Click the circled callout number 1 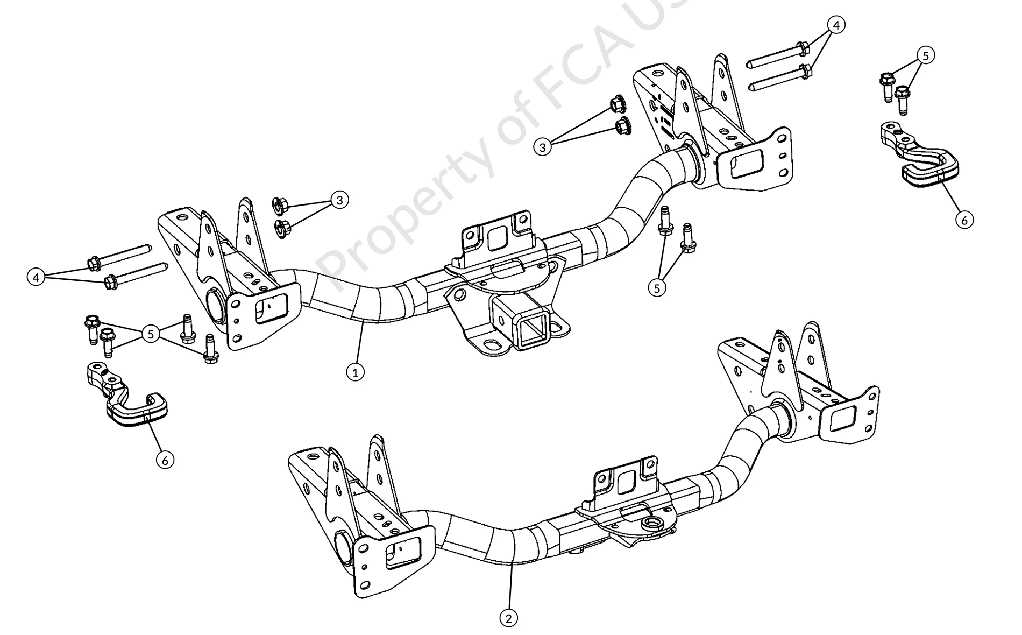(x=355, y=371)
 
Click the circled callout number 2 (x=509, y=618)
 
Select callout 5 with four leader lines (x=151, y=334)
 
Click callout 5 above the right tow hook (x=925, y=55)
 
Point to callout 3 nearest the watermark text (x=543, y=146)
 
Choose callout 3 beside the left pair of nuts (x=339, y=200)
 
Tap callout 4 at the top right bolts (x=836, y=24)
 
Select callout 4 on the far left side (x=36, y=278)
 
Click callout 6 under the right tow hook (x=964, y=220)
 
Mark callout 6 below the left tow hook (x=165, y=460)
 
